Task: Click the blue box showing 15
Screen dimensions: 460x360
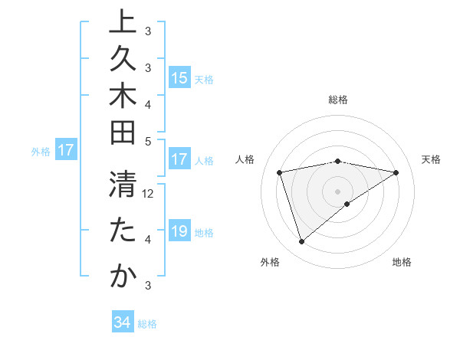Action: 179,78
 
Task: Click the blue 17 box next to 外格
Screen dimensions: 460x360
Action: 66,151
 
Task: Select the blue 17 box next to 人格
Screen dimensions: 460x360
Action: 179,160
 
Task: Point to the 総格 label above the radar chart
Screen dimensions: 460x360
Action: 338,100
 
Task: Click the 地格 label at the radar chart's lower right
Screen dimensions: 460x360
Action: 402,262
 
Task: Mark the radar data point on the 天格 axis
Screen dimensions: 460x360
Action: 396,172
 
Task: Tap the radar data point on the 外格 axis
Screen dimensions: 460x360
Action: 301,241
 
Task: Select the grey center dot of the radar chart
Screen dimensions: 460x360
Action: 338,191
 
